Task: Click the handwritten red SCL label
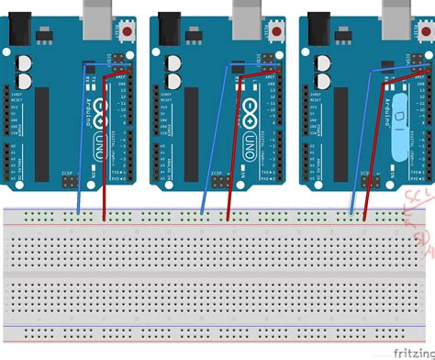coord(418,203)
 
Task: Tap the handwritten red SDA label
coord(423,241)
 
